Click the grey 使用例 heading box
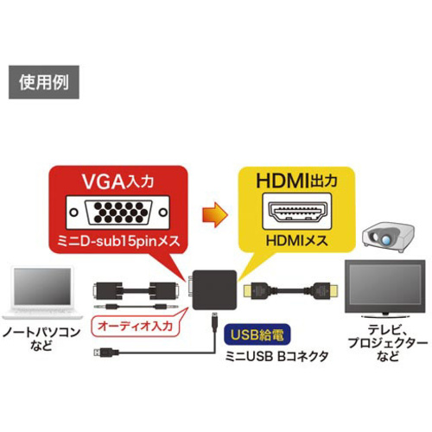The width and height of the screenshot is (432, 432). tap(44, 82)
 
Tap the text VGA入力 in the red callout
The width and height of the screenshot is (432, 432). tap(118, 181)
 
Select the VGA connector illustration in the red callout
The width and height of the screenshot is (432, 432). tap(118, 213)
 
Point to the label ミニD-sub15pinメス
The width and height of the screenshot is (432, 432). tap(118, 241)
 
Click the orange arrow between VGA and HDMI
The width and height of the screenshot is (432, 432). tap(215, 214)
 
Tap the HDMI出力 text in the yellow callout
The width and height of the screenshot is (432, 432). tap(296, 181)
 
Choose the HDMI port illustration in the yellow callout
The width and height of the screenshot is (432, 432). tap(297, 211)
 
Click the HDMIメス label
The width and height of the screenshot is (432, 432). tap(297, 240)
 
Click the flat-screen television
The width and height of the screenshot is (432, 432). tap(385, 289)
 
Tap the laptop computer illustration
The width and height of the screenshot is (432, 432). tap(42, 293)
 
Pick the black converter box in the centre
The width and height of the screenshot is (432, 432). tap(214, 289)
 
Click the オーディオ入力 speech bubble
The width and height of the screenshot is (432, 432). tap(136, 326)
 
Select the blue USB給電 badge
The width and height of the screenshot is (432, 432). tap(257, 334)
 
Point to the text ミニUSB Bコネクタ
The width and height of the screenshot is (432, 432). tap(276, 357)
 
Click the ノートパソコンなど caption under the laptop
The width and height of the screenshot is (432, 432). tap(41, 339)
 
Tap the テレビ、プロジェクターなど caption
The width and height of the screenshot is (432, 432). tap(388, 343)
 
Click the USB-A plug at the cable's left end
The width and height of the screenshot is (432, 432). tap(106, 353)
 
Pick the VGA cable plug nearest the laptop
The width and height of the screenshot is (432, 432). tap(106, 291)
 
